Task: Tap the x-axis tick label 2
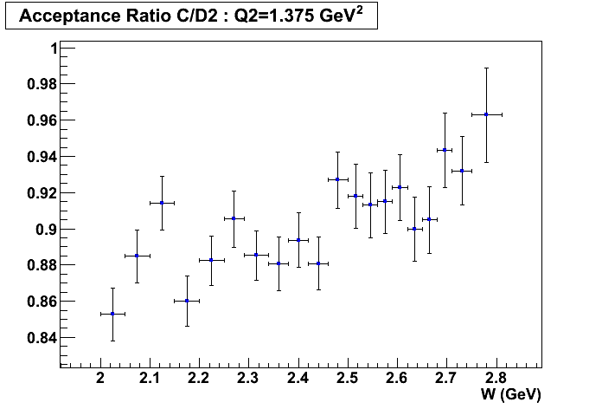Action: coord(100,377)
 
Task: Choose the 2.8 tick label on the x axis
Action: coord(496,377)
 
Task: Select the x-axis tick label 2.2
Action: coord(199,377)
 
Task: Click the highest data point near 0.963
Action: coord(486,114)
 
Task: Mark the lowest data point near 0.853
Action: coord(112,314)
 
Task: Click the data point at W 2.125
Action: coord(162,203)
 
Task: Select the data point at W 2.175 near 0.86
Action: coord(187,302)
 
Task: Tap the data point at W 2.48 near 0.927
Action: coord(337,179)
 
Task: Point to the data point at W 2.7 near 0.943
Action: coord(445,150)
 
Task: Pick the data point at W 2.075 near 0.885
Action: coord(137,256)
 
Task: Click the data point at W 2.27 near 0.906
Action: coord(234,218)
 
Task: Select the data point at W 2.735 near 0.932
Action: coord(462,171)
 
